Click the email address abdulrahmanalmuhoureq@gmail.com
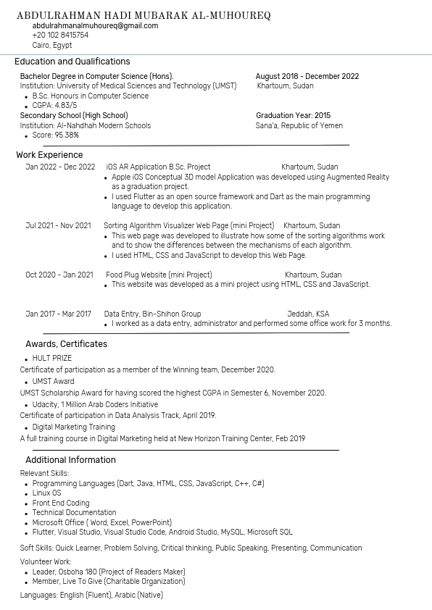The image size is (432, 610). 95,25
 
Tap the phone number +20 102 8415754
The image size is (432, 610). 60,35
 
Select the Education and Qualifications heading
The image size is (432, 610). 72,62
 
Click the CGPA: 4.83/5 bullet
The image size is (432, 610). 54,106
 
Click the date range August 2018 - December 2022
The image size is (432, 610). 307,76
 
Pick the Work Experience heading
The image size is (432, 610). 49,155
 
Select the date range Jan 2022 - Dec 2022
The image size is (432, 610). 60,167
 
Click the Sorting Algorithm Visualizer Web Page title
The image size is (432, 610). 188,225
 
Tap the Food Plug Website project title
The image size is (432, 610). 159,275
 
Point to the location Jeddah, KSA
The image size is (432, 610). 308,314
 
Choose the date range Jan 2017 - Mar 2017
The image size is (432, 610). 58,314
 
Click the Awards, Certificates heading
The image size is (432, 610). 66,344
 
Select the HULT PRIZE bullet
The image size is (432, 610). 52,358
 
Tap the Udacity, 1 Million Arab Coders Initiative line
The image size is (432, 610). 95,405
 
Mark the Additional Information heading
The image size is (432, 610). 70,460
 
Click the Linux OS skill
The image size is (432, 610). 47,493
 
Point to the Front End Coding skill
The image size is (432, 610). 61,503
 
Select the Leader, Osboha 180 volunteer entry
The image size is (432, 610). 108,572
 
